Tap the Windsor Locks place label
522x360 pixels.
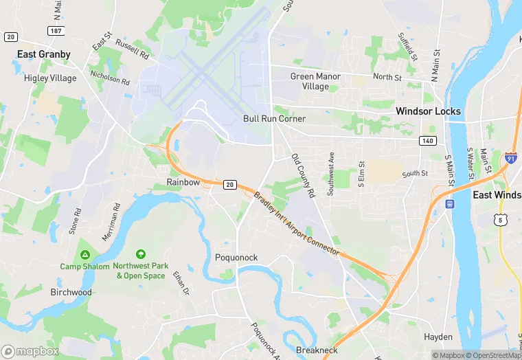tap(428, 111)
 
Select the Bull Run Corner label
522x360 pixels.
tap(274, 119)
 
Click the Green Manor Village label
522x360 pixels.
tap(315, 82)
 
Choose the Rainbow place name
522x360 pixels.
tap(183, 183)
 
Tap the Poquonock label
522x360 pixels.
tap(236, 258)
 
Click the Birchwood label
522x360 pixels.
tap(71, 292)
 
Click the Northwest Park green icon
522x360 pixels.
tap(141, 254)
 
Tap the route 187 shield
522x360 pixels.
tap(56, 31)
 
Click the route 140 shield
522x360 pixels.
tap(427, 141)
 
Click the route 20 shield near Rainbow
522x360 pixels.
tap(230, 184)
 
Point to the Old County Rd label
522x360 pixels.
tap(302, 176)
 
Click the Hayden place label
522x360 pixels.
tap(438, 337)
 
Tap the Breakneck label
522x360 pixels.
tap(317, 350)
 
